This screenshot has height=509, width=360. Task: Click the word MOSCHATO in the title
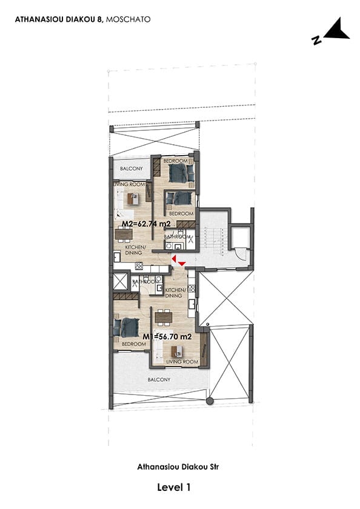128,19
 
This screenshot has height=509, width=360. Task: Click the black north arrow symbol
336,30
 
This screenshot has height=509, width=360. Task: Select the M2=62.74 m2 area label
146,224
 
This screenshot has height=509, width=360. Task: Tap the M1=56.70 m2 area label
167,337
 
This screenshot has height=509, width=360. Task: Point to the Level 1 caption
174,487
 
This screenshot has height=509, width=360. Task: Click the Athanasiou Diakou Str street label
178,467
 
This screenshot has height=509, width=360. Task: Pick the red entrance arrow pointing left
174,259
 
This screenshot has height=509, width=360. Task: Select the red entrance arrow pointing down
182,264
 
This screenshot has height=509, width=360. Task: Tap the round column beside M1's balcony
210,401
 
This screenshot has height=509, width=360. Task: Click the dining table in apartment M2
124,234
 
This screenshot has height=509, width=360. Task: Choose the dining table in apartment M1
163,317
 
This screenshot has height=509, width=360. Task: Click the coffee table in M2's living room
133,199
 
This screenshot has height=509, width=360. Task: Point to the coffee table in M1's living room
177,351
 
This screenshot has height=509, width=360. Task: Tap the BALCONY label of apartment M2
132,168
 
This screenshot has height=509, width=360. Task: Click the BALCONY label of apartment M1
159,379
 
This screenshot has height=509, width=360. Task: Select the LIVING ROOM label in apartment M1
182,362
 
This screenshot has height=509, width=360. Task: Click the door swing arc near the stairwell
243,257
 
